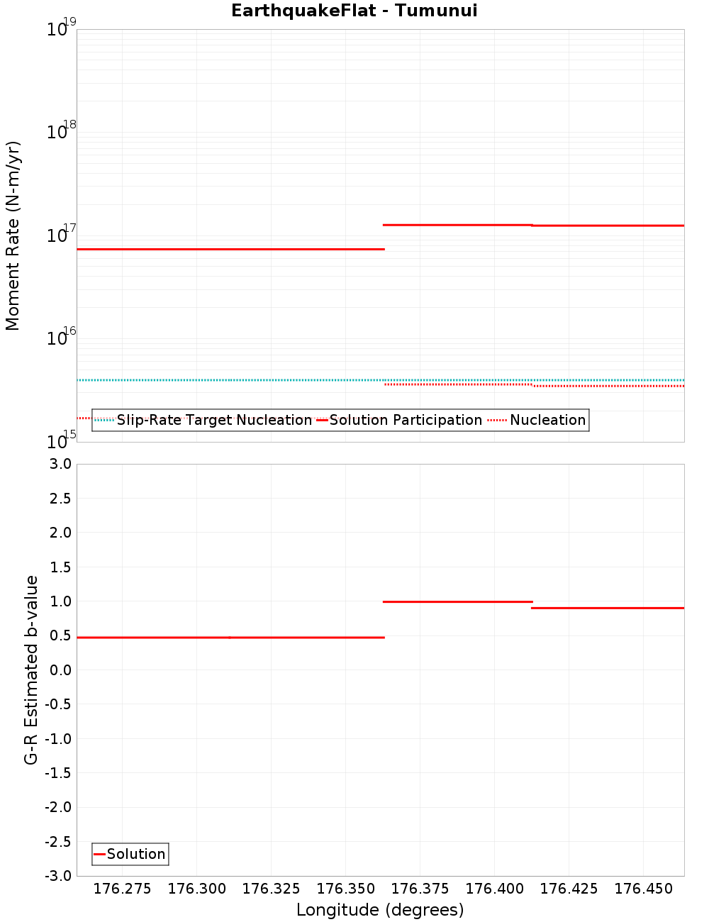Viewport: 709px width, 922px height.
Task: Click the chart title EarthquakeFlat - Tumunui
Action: coord(354,11)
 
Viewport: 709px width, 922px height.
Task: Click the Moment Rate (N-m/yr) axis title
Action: coord(13,235)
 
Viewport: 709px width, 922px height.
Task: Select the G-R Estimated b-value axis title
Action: coord(31,670)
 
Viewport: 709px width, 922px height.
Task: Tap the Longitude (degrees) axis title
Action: coord(380,910)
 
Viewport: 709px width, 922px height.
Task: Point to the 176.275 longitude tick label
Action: coord(123,889)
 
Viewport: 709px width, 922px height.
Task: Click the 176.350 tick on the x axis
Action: coord(345,889)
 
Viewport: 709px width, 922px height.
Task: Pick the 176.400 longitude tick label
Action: coord(494,889)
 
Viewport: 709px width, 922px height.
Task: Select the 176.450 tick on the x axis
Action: coord(643,889)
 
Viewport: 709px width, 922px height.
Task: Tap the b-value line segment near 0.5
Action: coord(230,638)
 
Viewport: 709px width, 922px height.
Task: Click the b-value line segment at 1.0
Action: coord(457,601)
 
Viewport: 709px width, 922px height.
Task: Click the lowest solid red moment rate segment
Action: coord(230,250)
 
